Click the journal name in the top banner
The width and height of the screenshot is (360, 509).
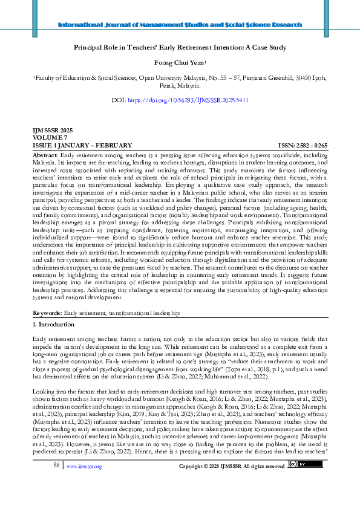coord(180,25)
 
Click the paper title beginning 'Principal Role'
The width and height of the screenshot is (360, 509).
coord(180,47)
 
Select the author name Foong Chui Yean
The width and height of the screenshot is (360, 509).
coord(179,62)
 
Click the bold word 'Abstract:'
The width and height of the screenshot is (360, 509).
coord(45,155)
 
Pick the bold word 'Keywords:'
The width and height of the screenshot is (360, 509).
coord(47,314)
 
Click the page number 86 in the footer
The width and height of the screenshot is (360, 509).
coord(56,482)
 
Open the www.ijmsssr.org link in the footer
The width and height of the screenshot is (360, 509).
coord(84,483)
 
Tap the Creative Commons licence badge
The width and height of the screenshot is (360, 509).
coord(298,482)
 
